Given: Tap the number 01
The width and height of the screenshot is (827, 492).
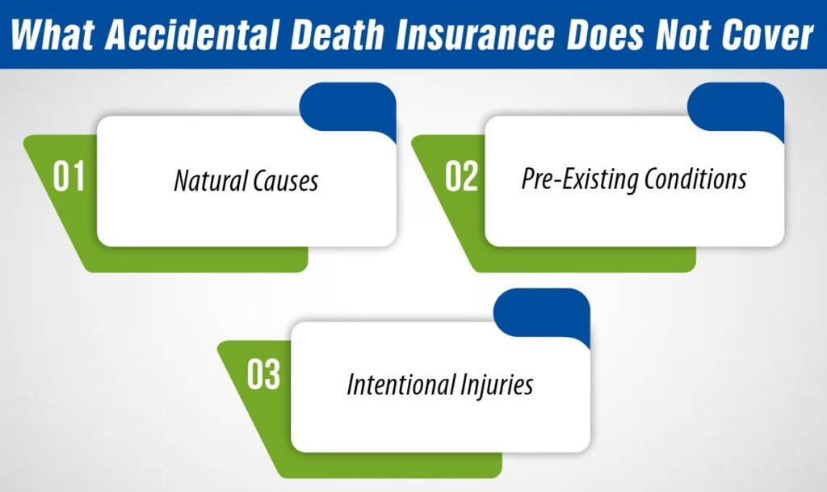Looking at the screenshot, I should [69, 177].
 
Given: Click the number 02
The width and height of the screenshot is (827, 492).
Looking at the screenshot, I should [461, 177].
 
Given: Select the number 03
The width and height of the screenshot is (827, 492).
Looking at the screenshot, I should [263, 377].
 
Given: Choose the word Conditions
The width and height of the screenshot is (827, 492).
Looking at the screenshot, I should [696, 179].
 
